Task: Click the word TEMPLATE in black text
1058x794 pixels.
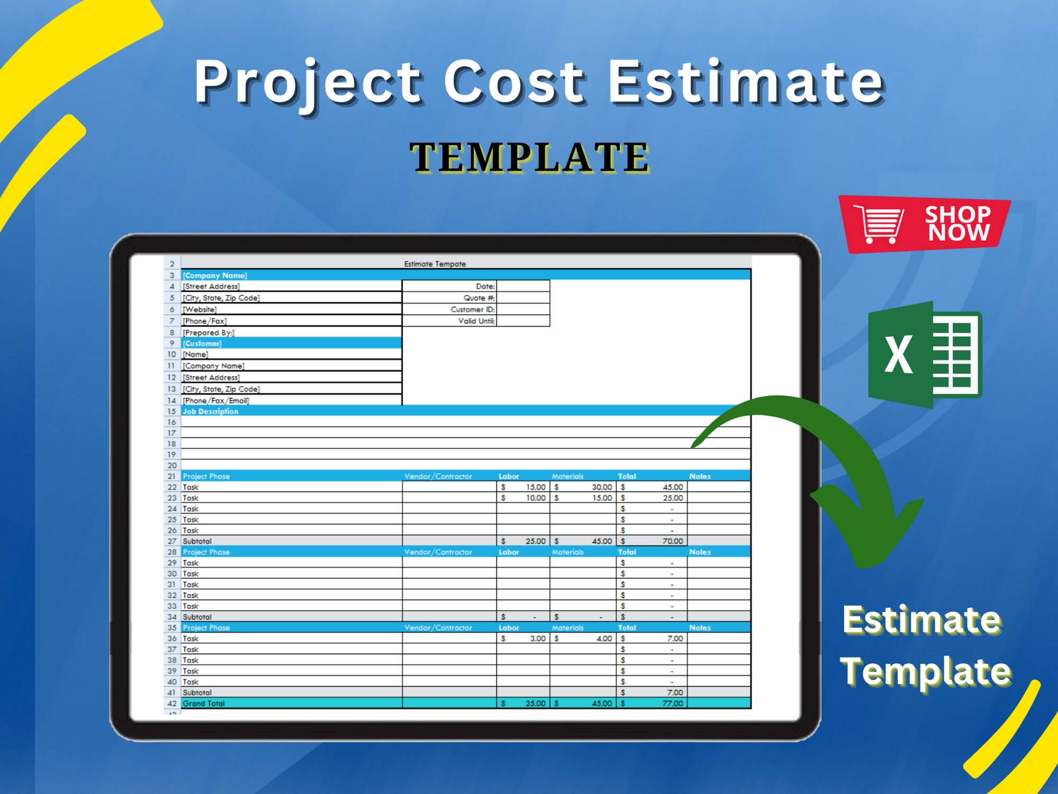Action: [530, 157]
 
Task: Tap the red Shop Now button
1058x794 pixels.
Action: [925, 224]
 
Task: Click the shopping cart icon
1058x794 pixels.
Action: [879, 224]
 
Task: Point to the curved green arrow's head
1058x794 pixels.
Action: [868, 529]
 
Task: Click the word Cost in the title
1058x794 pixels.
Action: [514, 82]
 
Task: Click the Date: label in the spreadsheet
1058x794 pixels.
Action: [485, 286]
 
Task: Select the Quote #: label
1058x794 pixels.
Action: [479, 298]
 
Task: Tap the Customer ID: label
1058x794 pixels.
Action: [473, 310]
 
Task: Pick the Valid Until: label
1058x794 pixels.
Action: [477, 321]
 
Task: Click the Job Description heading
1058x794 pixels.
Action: [211, 411]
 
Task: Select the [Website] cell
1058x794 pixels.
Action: [199, 310]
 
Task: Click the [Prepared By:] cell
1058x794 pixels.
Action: [208, 333]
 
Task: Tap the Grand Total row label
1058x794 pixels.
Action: [204, 703]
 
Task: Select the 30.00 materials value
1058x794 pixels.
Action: [602, 487]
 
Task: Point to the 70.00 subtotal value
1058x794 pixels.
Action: [672, 541]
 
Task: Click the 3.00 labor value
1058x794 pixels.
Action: [537, 638]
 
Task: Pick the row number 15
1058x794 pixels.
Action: [171, 411]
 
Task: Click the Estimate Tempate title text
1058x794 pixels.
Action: [435, 264]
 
